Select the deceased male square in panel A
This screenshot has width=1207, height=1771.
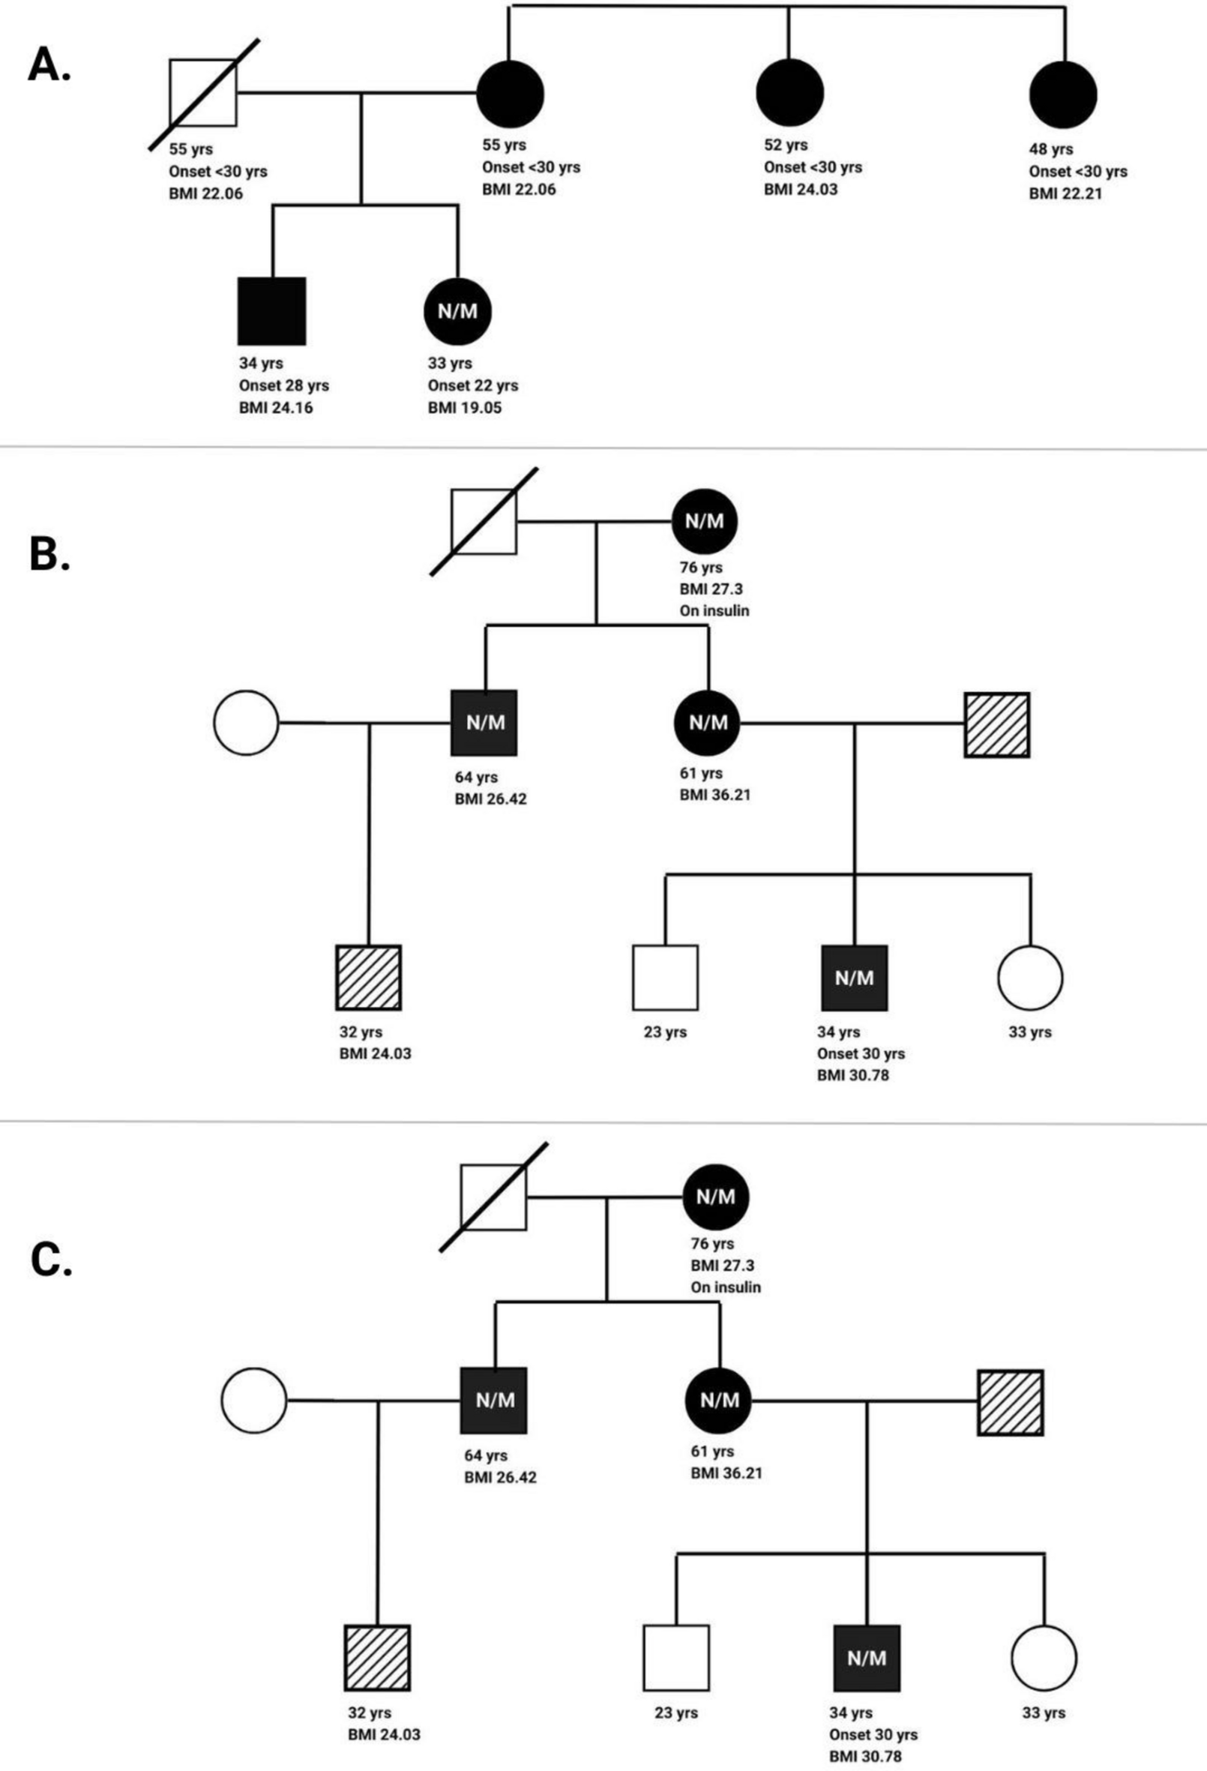click(202, 93)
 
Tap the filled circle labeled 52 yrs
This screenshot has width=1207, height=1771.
click(789, 93)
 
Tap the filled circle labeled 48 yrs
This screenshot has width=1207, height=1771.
click(1063, 94)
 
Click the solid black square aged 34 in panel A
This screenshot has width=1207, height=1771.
click(272, 311)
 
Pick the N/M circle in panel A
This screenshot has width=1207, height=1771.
click(457, 311)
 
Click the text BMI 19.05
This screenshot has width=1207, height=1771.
click(464, 408)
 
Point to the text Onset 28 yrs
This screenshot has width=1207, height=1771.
click(283, 385)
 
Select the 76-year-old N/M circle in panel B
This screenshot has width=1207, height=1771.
click(705, 521)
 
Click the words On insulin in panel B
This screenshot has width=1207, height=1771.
click(714, 610)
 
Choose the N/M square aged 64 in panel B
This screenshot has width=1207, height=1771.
click(484, 723)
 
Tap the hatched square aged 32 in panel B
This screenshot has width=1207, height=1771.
click(369, 978)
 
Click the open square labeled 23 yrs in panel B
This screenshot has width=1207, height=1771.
click(665, 978)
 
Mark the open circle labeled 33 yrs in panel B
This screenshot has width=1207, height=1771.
click(1029, 978)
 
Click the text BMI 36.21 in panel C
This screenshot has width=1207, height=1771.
click(726, 1473)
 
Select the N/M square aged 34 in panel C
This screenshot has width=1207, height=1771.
click(867, 1659)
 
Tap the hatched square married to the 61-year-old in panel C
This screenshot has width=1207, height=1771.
click(1010, 1403)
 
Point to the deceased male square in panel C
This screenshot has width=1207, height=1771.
click(494, 1197)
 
